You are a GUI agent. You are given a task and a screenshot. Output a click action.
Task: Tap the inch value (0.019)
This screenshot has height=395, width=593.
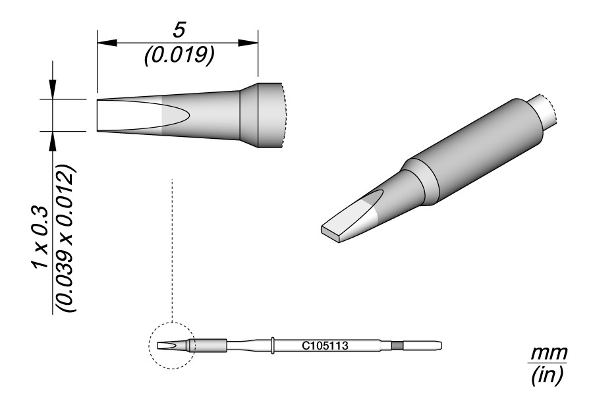click(179, 55)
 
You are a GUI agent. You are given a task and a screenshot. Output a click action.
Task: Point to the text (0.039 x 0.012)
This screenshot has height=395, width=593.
click(66, 238)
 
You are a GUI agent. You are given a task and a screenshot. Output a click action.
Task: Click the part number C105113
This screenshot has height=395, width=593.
click(325, 346)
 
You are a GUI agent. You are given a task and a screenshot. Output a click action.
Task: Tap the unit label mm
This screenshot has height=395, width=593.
click(549, 354)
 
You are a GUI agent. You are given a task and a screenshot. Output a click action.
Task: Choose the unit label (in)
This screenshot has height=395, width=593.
click(548, 375)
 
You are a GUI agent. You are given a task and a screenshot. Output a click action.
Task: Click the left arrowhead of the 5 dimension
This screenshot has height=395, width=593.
click(107, 43)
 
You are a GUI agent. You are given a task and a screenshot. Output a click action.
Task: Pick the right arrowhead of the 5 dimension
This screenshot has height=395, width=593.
click(248, 43)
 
